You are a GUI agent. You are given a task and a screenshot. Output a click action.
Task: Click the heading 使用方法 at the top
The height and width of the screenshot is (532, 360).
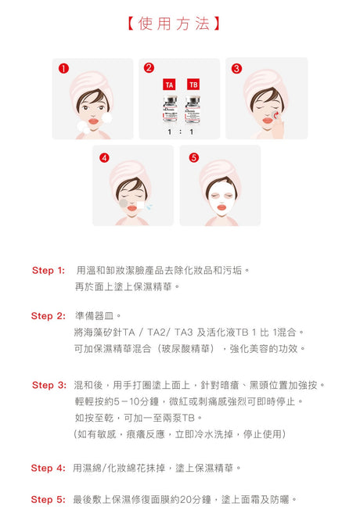(x=178, y=24)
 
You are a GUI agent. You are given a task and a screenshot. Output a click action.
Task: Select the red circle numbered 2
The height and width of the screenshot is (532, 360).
(x=149, y=68)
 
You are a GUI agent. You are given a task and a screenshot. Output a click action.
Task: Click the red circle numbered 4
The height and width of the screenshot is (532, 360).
(x=104, y=157)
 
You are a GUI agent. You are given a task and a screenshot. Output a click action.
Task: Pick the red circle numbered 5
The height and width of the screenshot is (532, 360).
(x=194, y=157)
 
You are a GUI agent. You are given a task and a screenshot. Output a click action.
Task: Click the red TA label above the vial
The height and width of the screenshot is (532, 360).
(x=168, y=84)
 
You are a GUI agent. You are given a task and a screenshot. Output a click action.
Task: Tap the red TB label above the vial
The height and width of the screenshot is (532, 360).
(x=193, y=84)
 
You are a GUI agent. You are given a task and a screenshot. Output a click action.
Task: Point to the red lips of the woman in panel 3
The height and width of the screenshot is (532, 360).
(x=268, y=120)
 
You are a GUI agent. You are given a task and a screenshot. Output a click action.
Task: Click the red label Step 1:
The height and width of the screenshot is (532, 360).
(x=48, y=271)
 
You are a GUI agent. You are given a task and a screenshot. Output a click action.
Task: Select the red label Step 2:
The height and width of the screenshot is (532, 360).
(x=48, y=316)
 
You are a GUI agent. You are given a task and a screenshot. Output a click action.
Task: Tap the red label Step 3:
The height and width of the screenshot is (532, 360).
(x=49, y=385)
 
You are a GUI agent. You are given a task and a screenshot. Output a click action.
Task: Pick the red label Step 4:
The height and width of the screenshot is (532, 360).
(x=48, y=468)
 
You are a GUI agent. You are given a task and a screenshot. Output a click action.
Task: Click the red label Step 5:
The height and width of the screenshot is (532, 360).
(x=48, y=499)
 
